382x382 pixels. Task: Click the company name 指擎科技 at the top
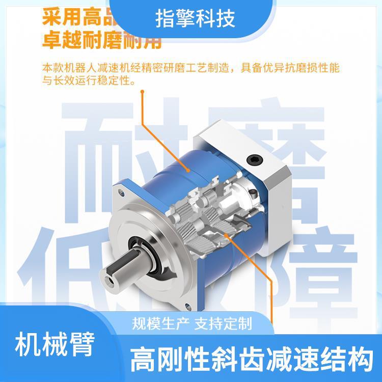coord(195,19)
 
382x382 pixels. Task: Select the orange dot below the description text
coord(142,93)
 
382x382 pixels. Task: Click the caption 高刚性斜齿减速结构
coord(250,362)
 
